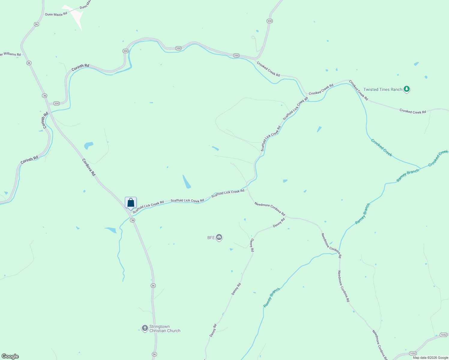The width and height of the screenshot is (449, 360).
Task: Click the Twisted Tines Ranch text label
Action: point(383,89)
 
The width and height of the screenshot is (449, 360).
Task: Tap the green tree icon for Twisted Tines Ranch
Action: point(407,89)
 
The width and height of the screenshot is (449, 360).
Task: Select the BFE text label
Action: point(211,238)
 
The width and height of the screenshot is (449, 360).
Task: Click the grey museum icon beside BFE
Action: point(219,238)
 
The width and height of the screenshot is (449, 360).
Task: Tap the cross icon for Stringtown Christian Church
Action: point(145,328)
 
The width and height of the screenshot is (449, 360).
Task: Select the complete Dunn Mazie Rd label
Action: point(56,14)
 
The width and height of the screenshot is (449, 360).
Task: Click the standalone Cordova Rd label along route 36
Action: point(89,167)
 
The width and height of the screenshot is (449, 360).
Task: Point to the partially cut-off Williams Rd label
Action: point(10,54)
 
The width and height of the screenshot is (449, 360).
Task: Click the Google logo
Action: point(10,356)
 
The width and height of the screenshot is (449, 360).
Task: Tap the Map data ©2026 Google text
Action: point(430,358)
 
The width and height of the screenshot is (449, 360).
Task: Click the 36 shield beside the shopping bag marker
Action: point(132,220)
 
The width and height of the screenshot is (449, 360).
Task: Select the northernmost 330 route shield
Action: point(270,21)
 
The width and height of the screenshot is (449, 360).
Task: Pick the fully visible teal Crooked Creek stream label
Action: point(381,148)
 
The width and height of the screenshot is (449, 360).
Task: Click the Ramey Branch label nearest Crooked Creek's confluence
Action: point(408,175)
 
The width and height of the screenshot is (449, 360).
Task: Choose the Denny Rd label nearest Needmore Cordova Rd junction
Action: point(279,223)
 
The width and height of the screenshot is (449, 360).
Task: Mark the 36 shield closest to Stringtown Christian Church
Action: point(153,286)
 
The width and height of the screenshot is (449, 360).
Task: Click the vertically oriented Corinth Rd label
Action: point(45,120)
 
